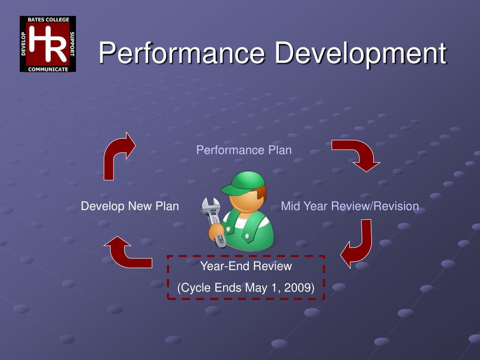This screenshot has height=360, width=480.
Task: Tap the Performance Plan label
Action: tap(244, 150)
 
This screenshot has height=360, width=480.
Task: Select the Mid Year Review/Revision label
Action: tap(350, 206)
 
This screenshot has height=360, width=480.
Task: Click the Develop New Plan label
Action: tap(130, 206)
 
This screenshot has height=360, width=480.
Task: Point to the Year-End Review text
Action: tap(246, 266)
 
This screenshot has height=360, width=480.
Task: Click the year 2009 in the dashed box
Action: tap(299, 288)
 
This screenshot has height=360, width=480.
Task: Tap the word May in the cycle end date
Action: tap(256, 288)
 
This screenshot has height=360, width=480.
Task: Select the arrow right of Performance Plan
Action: tap(356, 155)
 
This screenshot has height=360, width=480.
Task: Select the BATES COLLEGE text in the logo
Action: tap(47, 20)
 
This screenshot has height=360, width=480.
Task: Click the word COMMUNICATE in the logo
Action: tap(47, 69)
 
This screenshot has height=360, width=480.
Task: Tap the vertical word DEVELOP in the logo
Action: tap(23, 44)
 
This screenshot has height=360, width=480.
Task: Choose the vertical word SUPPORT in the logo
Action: tap(72, 44)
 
